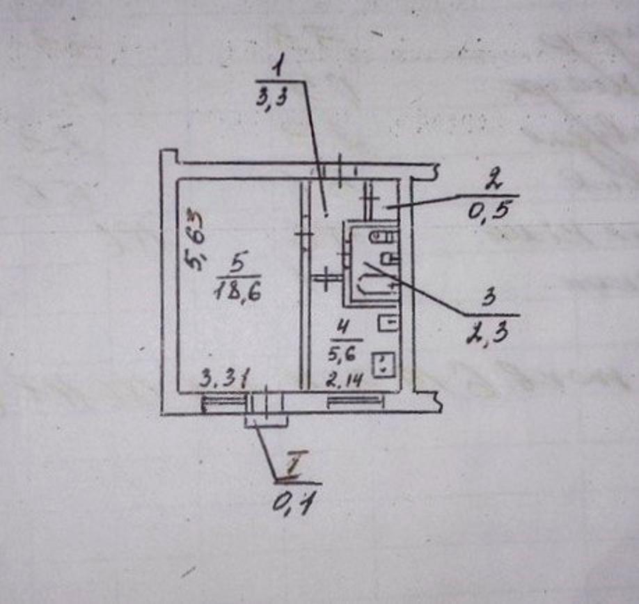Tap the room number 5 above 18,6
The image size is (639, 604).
click(x=237, y=263)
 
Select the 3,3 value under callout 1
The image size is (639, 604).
click(x=273, y=100)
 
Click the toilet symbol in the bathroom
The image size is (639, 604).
click(x=382, y=237)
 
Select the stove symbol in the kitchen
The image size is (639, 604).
click(x=384, y=364)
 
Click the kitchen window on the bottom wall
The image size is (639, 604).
click(x=356, y=401)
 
